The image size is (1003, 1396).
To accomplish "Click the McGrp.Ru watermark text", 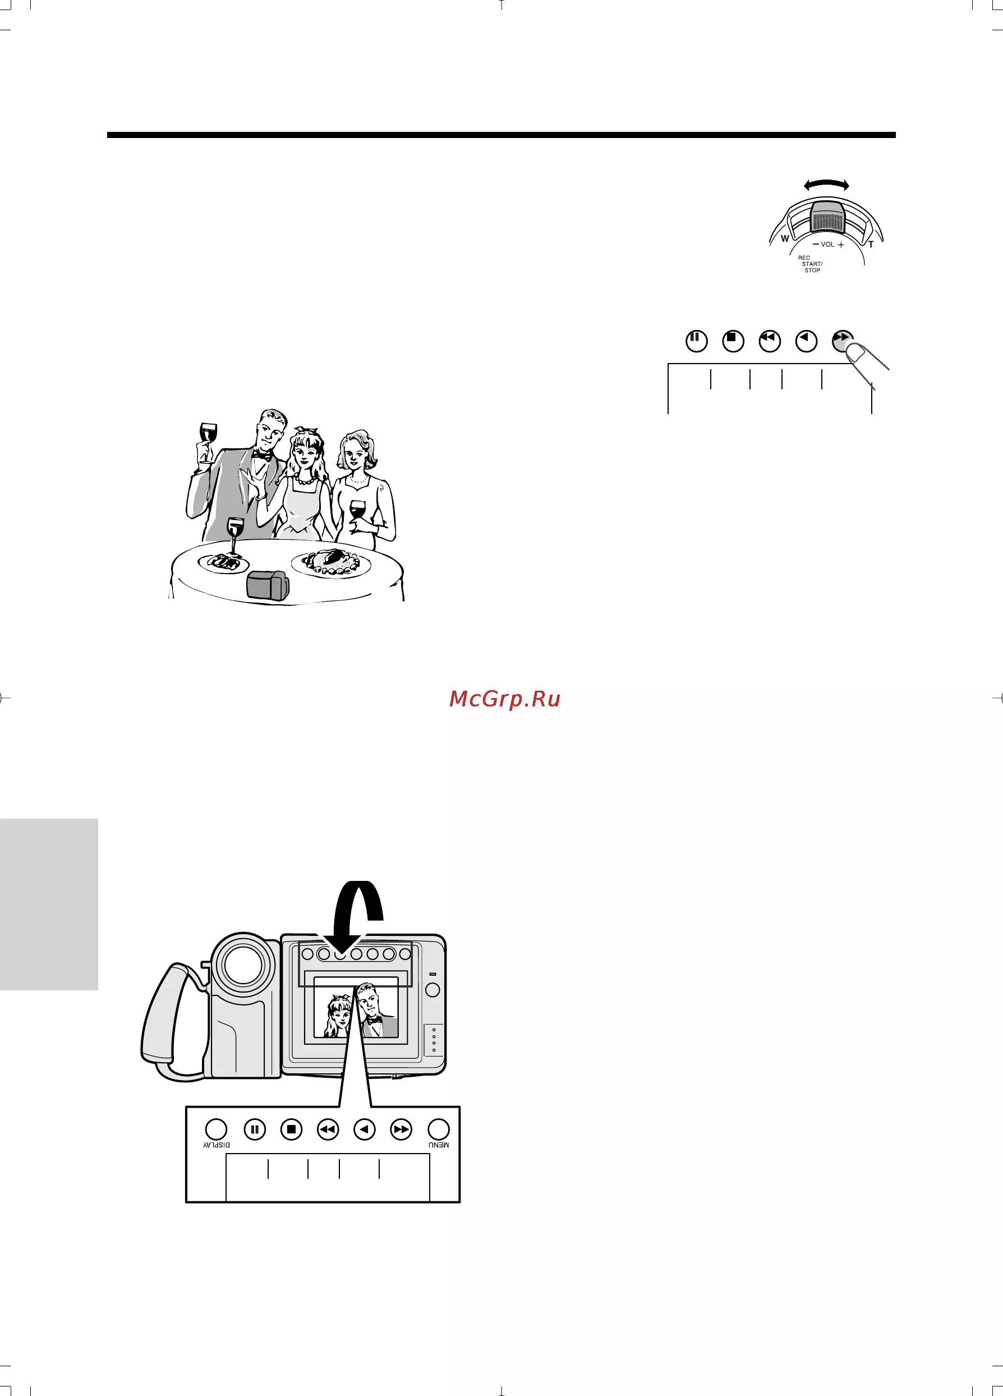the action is [x=504, y=699].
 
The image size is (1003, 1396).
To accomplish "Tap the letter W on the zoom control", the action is [x=785, y=238].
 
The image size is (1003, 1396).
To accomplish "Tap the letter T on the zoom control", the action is [x=871, y=245].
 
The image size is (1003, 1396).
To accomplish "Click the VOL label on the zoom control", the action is [x=827, y=245].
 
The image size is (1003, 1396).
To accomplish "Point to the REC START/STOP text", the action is [x=811, y=264].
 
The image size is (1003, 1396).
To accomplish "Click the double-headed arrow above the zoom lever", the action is [x=826, y=185].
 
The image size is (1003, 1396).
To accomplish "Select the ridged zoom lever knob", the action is [x=827, y=217].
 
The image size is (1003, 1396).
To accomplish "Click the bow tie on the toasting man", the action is [x=262, y=456].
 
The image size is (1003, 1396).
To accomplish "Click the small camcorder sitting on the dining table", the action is [x=268, y=585].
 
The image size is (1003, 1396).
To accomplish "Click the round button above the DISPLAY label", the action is [x=215, y=1129].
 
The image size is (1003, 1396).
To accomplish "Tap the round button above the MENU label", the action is [x=439, y=1129].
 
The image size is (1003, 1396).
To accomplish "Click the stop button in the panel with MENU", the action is [x=292, y=1129].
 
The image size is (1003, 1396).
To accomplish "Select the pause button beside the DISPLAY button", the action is [x=255, y=1129].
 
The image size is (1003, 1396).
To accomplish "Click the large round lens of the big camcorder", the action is [x=243, y=965].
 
